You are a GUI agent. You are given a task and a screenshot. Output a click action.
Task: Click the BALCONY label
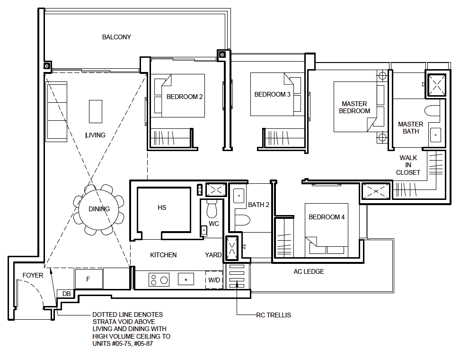tap(116, 37)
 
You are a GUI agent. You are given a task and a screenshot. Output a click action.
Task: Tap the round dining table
tap(99, 209)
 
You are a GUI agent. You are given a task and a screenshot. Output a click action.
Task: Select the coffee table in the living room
tap(96, 111)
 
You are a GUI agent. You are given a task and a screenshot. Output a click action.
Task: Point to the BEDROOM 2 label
tap(185, 97)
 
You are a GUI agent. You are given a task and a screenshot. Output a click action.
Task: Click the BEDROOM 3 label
tap(273, 94)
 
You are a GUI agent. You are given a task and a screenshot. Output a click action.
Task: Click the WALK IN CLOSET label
tap(408, 165)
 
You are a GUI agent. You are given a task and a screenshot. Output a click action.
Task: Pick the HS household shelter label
tap(162, 207)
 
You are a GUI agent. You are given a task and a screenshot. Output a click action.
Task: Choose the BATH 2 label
tap(258, 205)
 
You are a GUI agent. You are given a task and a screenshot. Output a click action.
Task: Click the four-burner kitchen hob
tap(159, 279)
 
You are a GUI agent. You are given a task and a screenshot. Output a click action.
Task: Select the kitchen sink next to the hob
tap(186, 279)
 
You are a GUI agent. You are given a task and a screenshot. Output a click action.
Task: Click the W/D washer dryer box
tap(214, 280)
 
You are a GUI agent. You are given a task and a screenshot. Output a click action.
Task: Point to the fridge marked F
tap(88, 279)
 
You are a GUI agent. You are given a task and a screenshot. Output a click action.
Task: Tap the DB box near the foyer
tap(66, 294)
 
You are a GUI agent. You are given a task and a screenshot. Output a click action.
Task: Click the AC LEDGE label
tap(309, 271)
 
